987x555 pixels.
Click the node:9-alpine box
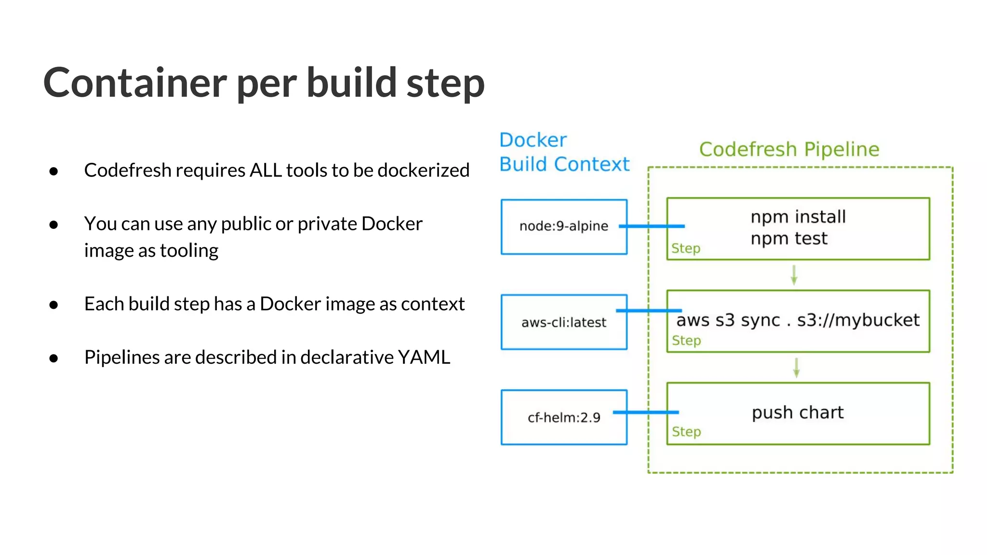tap(563, 226)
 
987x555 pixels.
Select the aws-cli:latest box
tap(563, 322)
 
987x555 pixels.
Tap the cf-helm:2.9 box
tap(563, 417)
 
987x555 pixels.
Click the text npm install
tap(798, 217)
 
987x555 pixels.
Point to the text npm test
tap(788, 238)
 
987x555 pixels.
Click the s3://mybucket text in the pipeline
tap(858, 320)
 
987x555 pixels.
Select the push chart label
tap(798, 413)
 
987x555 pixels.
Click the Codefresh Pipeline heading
tap(789, 149)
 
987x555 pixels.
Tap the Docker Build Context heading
tap(564, 152)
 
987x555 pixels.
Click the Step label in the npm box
tap(685, 249)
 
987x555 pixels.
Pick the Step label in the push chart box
tap(686, 432)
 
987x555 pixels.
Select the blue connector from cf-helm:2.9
tap(646, 412)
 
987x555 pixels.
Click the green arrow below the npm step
tap(794, 275)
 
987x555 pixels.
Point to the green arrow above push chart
tap(796, 368)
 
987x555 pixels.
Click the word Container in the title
tap(135, 83)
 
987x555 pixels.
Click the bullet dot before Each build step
tap(53, 304)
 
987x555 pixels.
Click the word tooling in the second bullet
tap(189, 251)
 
